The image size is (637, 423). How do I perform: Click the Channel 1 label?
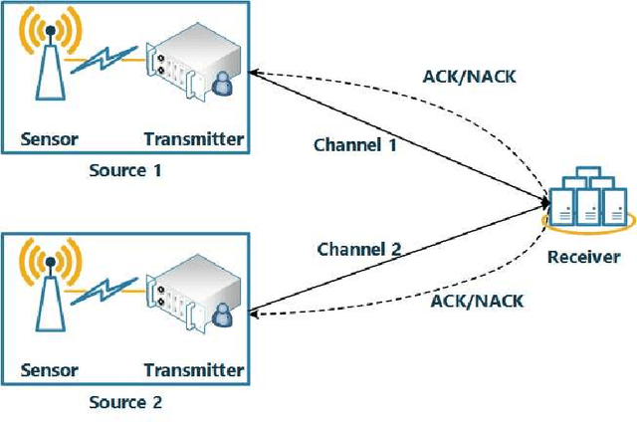[355, 144]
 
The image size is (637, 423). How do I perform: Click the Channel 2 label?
[359, 249]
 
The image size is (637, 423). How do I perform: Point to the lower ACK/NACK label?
[477, 300]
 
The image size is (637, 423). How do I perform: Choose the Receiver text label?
[584, 256]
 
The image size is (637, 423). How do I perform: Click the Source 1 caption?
[125, 170]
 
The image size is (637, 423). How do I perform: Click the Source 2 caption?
[125, 402]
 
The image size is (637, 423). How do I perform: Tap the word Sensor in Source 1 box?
[49, 138]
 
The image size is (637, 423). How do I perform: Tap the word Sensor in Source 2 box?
[49, 370]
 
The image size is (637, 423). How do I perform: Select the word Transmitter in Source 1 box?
[193, 138]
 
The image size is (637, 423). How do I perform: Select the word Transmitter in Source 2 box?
[193, 370]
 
